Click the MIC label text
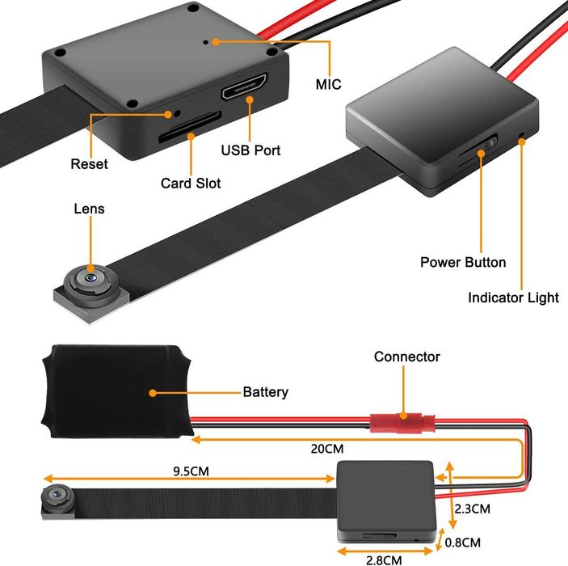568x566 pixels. point(328,84)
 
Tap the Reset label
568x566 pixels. point(89,164)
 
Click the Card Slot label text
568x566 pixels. point(191,184)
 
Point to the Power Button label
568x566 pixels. point(463,262)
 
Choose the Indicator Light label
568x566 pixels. point(513,298)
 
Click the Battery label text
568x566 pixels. point(265,392)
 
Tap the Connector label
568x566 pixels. point(406,357)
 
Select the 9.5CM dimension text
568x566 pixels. point(197,469)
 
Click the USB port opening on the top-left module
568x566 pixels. point(245,87)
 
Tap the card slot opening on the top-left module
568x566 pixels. point(188,126)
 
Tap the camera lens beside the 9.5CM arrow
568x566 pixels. point(58,493)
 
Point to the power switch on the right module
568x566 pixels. point(484,150)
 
